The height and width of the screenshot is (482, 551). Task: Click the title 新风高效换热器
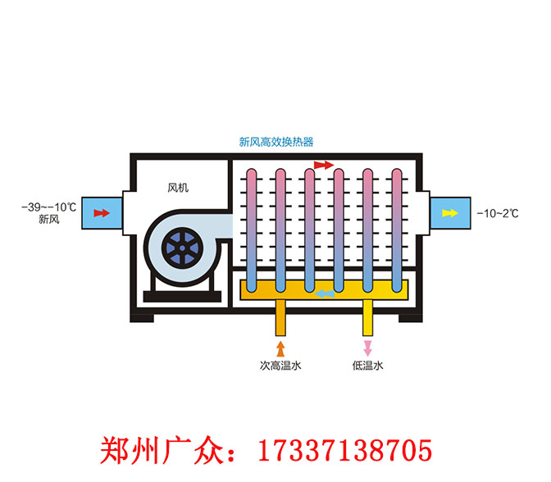[x=276, y=142]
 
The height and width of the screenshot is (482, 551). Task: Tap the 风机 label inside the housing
[x=178, y=188]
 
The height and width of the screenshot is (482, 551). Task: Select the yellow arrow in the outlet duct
[x=449, y=213]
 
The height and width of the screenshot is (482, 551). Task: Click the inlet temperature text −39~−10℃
[x=48, y=207]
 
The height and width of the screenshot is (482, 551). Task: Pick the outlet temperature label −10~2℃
[x=498, y=213]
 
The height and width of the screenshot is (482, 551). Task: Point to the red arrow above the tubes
[x=324, y=166]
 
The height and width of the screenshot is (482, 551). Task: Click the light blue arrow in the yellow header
[x=325, y=291]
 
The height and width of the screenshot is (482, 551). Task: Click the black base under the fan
[x=181, y=293]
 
